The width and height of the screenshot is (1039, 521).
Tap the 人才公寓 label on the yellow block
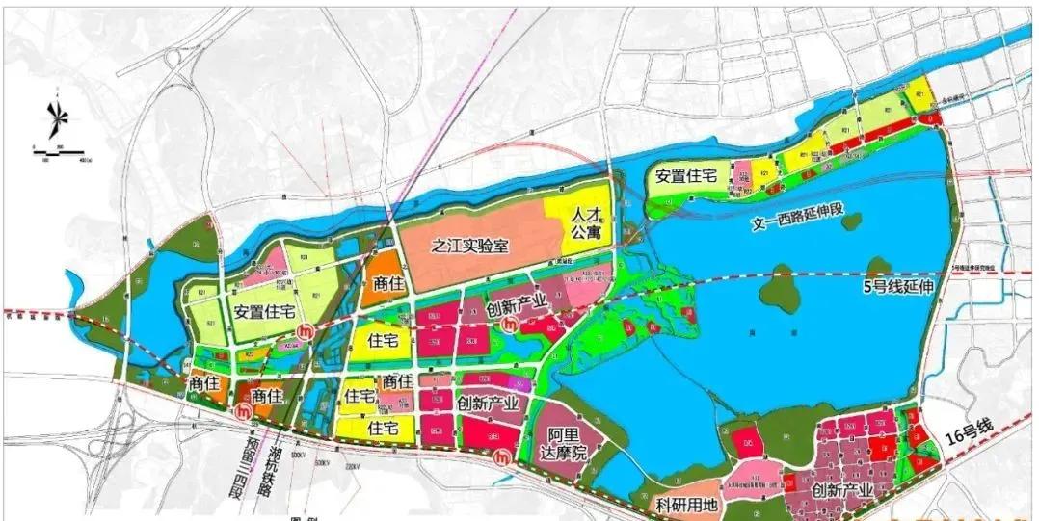580,222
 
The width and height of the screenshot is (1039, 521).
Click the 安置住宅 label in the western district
261,311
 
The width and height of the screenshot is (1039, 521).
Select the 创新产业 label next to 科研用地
842,491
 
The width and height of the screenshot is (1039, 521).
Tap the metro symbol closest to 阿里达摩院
501,459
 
